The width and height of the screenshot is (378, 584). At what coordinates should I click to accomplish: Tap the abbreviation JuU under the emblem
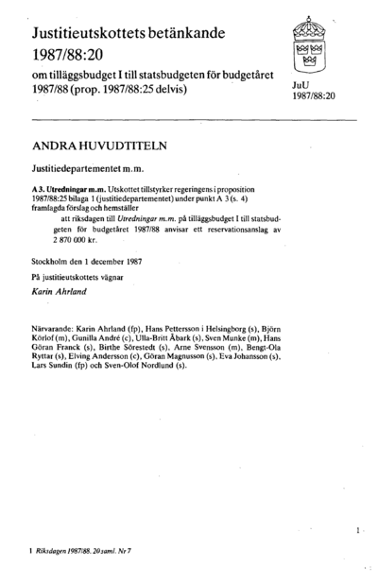[x=301, y=85]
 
